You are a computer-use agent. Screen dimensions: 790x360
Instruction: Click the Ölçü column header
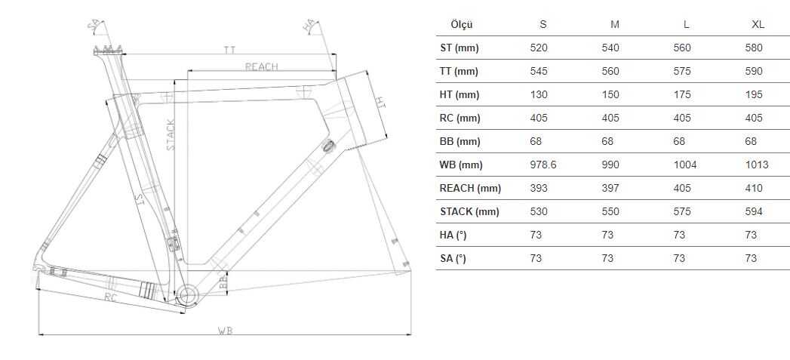point(462,25)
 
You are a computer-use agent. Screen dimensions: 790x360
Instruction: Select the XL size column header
point(758,25)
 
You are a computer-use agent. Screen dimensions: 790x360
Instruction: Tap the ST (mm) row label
point(459,48)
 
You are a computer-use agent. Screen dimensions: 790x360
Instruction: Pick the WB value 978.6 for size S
point(543,165)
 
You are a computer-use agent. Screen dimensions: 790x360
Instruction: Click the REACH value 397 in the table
point(610,188)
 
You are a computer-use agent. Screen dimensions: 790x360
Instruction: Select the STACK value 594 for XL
point(754,212)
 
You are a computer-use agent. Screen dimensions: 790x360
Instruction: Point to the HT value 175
point(681,95)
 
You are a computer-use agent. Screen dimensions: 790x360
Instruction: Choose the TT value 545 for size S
point(539,71)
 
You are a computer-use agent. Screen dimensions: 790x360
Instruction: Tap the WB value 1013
point(757,165)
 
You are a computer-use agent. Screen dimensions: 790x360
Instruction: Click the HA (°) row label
point(453,235)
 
